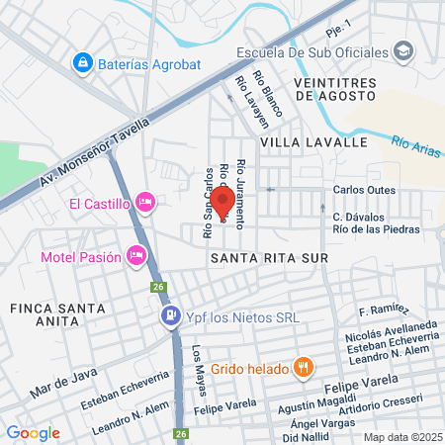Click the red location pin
pos(222,203)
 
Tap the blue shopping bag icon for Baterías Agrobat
pos(82,64)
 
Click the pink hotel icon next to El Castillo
pos(144,204)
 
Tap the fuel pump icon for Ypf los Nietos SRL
pos(169,317)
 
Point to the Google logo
pos(33,432)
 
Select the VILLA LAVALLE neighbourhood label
pos(300,142)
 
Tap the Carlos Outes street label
pos(364,189)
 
